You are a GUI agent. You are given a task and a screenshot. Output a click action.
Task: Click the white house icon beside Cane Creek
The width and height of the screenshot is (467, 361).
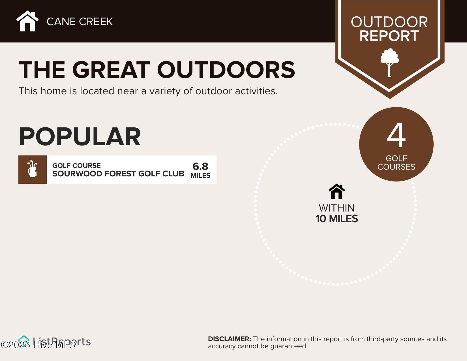coord(27,21)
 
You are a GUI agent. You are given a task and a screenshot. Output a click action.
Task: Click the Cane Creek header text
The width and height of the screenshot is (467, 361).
coord(80,22)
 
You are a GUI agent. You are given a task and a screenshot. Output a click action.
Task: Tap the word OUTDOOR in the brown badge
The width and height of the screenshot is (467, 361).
coord(389,22)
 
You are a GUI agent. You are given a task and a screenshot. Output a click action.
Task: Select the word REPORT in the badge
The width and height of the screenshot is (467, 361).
coord(389,36)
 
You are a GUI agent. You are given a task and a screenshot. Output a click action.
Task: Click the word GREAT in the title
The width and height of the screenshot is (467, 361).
coord(111,70)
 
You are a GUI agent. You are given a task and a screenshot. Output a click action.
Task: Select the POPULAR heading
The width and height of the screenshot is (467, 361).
coord(80,137)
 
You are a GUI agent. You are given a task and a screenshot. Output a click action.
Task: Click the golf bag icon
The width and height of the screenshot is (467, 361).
coord(33,169)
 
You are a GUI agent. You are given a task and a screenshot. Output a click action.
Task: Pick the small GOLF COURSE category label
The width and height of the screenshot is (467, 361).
coord(76,166)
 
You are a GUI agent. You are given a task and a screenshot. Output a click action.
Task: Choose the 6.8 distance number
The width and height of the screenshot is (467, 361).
coord(200,166)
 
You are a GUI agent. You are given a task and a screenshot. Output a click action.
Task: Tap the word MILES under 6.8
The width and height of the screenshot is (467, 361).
coord(200,176)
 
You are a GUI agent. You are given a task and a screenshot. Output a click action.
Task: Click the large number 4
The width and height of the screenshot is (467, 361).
coord(396,136)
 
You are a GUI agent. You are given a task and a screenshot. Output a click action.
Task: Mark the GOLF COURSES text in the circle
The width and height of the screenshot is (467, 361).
coord(396,163)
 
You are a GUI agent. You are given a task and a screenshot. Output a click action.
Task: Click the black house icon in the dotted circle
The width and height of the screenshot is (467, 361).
coord(337,191)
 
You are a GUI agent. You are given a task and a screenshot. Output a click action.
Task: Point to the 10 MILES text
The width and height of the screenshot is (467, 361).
coord(337,219)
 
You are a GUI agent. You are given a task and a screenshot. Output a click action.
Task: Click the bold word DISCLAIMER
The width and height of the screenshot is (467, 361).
coord(229,339)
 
